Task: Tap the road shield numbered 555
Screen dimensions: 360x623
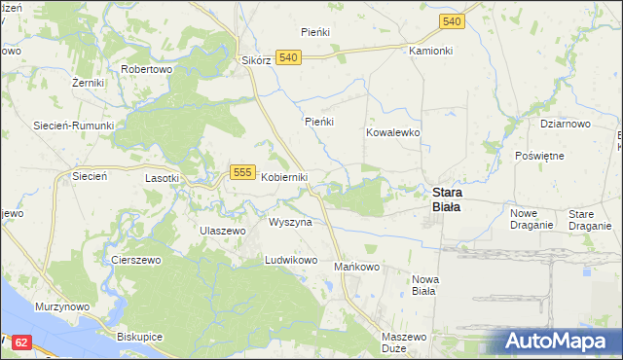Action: click(243, 172)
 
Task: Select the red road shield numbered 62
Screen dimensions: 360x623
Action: click(22, 342)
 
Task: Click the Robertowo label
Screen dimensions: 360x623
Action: click(146, 70)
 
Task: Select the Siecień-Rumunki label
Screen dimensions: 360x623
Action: click(74, 126)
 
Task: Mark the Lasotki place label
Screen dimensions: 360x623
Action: click(162, 178)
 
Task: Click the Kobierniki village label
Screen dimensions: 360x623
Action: click(284, 177)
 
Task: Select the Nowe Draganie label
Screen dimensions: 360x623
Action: click(531, 219)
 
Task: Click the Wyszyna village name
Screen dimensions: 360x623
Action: click(290, 222)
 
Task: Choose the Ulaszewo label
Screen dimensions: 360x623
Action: click(221, 231)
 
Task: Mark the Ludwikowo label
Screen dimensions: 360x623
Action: click(292, 261)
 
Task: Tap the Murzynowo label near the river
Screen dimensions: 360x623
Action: click(62, 306)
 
